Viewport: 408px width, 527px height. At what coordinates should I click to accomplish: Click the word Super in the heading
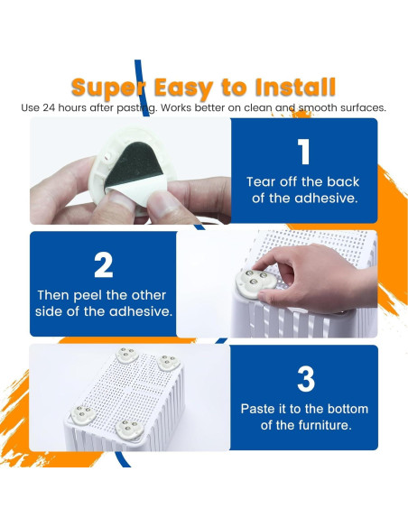tap(108, 88)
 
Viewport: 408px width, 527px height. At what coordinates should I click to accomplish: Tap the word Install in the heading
tap(295, 87)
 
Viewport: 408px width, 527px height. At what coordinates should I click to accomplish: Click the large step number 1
tap(304, 152)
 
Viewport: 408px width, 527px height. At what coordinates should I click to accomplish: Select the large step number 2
tap(103, 264)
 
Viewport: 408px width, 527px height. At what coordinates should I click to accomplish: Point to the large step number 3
tap(306, 379)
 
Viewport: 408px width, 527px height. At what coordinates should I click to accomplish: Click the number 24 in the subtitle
tap(50, 108)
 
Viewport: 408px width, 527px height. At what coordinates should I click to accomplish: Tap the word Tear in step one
tap(260, 181)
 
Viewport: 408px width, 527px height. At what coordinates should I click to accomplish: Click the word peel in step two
tap(88, 296)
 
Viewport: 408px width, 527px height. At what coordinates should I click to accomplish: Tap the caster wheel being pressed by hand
tap(255, 282)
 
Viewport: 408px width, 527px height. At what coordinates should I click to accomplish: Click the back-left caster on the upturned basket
tap(127, 356)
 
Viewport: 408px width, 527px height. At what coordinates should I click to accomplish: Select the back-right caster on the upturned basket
tap(169, 363)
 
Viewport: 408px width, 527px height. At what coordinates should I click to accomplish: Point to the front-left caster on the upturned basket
tap(83, 414)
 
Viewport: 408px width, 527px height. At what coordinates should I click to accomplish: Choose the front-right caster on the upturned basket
tap(129, 430)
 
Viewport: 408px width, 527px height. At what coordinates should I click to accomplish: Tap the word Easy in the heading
tap(183, 89)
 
